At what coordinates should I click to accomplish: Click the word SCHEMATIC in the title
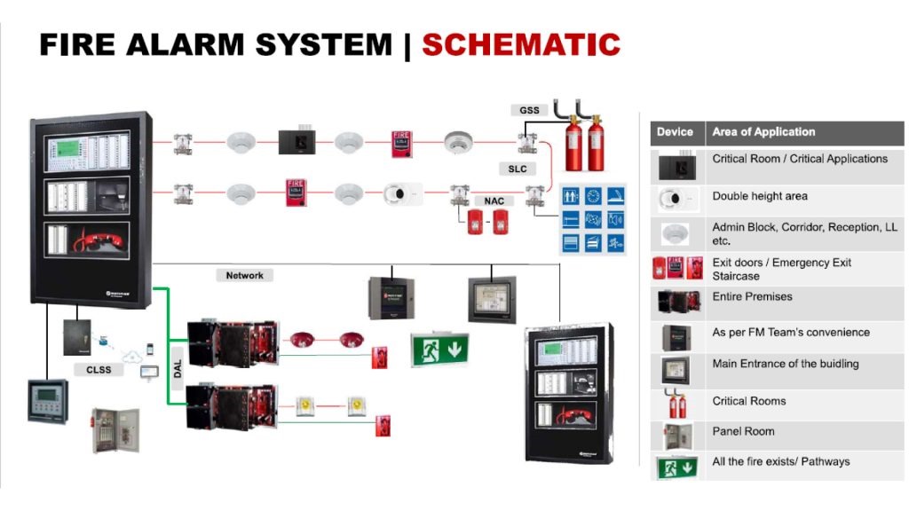point(521,43)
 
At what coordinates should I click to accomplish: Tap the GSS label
point(529,110)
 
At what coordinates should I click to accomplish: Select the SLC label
point(517,168)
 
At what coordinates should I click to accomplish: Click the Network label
point(244,276)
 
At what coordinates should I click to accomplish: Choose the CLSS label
point(99,369)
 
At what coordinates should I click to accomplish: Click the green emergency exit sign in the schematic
point(439,349)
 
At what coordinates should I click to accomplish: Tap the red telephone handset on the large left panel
point(94,239)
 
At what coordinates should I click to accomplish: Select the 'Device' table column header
point(675,132)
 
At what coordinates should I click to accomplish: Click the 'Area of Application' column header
point(763,132)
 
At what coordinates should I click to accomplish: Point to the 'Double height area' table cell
point(760,196)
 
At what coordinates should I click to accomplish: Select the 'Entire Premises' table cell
point(752,296)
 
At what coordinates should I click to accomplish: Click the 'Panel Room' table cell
point(743,431)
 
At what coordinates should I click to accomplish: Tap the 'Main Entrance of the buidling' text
point(786,364)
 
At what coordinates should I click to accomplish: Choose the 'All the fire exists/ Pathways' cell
point(781,461)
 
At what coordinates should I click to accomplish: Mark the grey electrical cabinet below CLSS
point(115,430)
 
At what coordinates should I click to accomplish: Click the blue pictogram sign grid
point(593,218)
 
